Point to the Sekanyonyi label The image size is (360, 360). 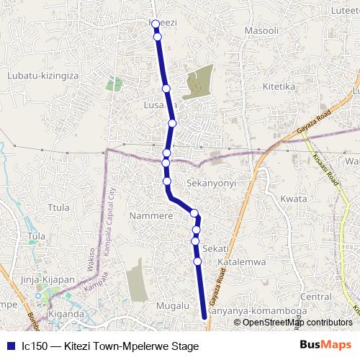point(211,184)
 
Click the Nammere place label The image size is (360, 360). point(150,215)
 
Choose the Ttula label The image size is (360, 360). point(58,207)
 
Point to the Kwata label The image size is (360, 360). point(293,199)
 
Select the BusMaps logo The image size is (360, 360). point(325,346)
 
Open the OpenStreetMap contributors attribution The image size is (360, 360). point(297,322)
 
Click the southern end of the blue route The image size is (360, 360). point(204,315)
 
